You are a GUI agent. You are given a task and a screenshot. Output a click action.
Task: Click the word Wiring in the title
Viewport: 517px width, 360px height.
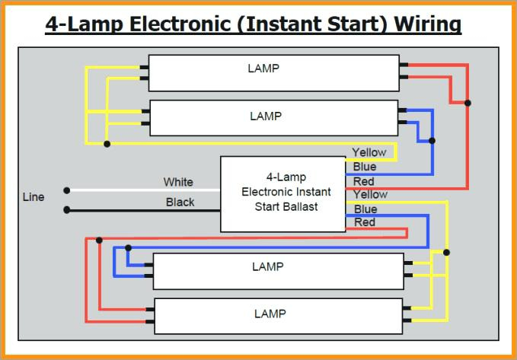click(x=428, y=24)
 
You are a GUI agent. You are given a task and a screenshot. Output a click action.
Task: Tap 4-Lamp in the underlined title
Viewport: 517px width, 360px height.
click(x=84, y=24)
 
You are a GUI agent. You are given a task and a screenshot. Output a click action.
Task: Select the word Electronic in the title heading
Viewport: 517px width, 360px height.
click(x=180, y=24)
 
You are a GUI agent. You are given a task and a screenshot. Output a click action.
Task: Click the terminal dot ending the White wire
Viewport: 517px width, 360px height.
click(x=66, y=190)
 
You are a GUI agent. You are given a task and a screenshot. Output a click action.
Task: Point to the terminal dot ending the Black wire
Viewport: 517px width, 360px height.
click(x=66, y=209)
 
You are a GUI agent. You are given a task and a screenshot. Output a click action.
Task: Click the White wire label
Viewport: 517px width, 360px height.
click(x=178, y=182)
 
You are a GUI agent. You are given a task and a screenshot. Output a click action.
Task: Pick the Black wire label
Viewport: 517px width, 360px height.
click(x=180, y=202)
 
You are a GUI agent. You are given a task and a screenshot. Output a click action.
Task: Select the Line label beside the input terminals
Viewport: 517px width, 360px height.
click(x=34, y=197)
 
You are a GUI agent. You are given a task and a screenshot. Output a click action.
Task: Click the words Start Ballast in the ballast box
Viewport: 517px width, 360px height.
click(x=286, y=207)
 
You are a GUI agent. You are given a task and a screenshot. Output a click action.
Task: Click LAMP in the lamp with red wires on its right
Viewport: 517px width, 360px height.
click(x=263, y=68)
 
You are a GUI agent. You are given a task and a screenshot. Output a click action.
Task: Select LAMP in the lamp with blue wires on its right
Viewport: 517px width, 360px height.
click(x=266, y=116)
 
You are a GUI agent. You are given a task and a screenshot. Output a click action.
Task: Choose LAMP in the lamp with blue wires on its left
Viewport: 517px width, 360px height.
click(x=268, y=266)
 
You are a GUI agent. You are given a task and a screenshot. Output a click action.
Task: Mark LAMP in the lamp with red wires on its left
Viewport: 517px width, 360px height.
click(x=270, y=314)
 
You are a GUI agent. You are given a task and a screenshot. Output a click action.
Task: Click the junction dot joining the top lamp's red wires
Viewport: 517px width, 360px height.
click(x=468, y=103)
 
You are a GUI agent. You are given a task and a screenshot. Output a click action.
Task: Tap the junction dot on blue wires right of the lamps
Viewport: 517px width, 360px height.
click(x=432, y=141)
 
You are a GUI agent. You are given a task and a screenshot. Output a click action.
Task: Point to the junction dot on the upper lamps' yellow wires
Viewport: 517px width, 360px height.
click(x=107, y=144)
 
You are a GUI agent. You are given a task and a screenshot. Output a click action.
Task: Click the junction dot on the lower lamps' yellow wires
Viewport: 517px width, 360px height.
click(x=446, y=253)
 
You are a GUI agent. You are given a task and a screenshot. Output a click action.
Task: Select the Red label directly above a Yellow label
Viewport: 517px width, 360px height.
click(x=363, y=181)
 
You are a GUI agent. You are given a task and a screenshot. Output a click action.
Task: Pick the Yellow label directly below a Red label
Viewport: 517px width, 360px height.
click(x=370, y=195)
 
